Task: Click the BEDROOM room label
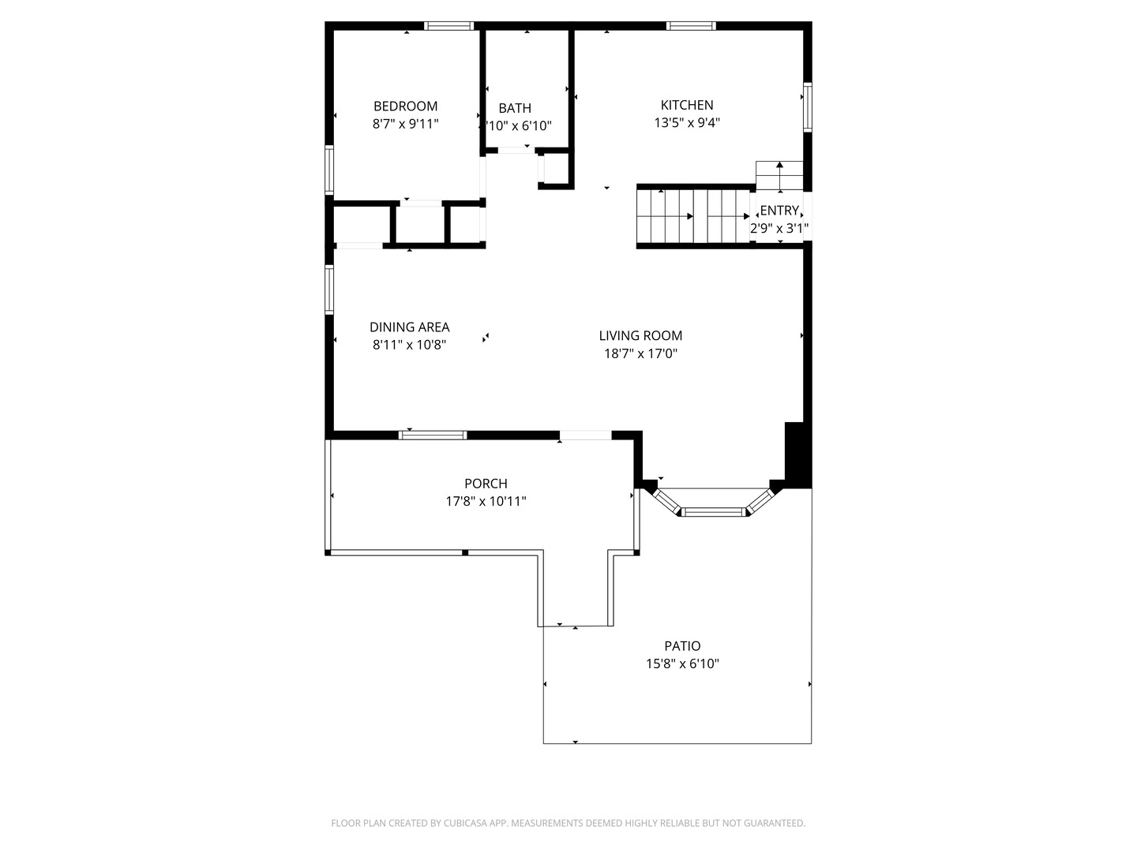pos(405,106)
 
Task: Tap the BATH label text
pos(515,108)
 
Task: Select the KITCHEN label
pos(687,105)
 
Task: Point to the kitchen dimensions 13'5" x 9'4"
pos(687,123)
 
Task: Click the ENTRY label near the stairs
pos(779,211)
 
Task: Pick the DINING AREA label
pos(409,327)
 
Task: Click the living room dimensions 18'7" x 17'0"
pos(640,353)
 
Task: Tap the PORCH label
pos(486,484)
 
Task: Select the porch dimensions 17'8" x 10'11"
pos(486,501)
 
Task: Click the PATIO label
pos(682,646)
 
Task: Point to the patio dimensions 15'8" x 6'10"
pos(682,664)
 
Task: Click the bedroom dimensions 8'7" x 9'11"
pos(405,124)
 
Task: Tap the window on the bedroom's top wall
pos(449,26)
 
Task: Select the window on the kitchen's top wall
pos(691,26)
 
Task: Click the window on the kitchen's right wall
pos(807,106)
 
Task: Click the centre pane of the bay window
pos(713,512)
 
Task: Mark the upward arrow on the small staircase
pos(779,166)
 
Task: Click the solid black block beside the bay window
pos(796,454)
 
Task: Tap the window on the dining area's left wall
pos(329,290)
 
